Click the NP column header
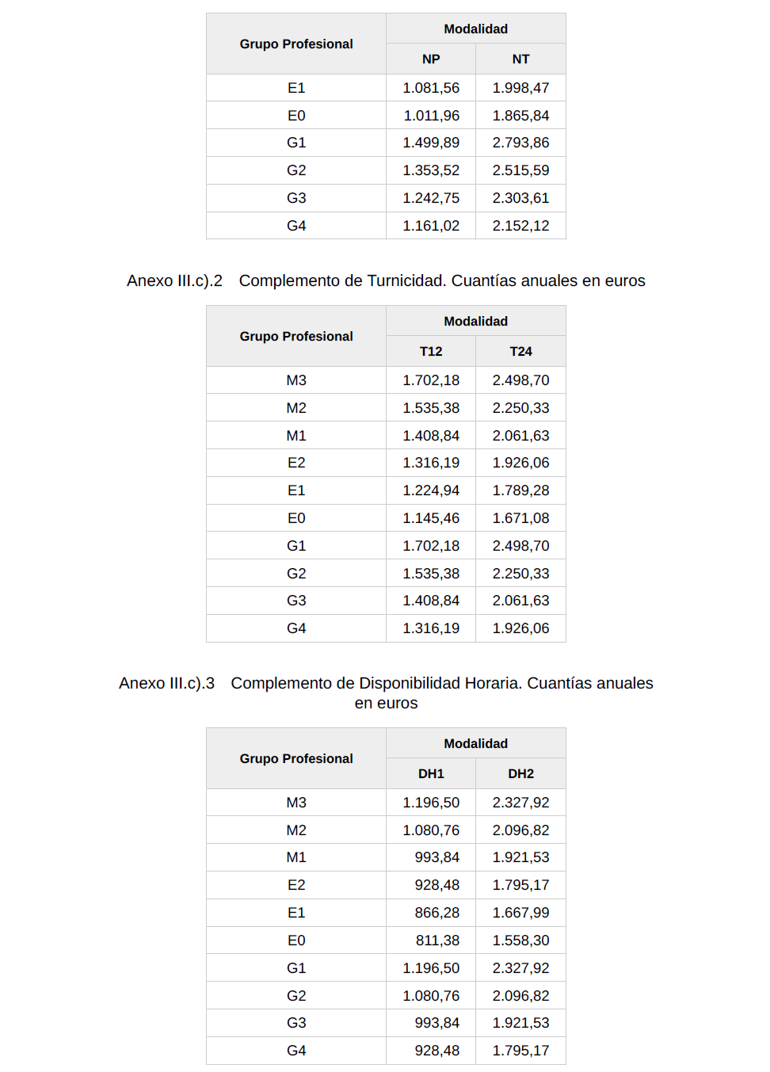point(431,59)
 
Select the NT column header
point(520,59)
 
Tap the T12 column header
point(431,351)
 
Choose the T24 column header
point(520,351)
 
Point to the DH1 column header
point(431,773)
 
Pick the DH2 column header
point(520,773)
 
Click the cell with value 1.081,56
point(431,88)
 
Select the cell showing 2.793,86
point(520,143)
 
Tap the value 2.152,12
point(520,226)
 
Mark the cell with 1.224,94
point(431,490)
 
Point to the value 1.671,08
point(520,518)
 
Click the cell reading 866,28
point(436,913)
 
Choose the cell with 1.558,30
point(520,940)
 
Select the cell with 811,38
point(437,940)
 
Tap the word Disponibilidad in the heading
point(410,683)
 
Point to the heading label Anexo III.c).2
point(174,280)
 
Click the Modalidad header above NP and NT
point(475,29)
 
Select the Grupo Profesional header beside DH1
point(296,758)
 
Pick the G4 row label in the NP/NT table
point(296,226)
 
